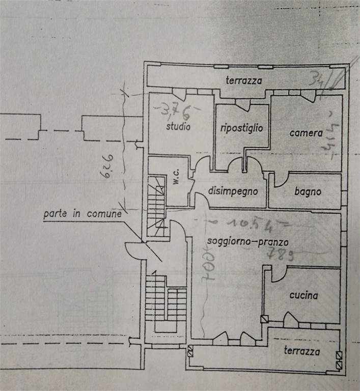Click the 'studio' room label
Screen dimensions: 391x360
coord(178,126)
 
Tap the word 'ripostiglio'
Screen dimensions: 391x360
coord(242,128)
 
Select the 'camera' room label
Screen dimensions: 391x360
coord(306,133)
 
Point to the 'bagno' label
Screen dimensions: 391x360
coord(308,192)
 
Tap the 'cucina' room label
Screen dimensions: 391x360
coord(303,295)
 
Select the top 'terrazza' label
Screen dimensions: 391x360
coord(244,80)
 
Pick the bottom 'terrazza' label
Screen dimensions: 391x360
coord(302,351)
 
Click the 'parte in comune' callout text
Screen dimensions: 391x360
coord(82,213)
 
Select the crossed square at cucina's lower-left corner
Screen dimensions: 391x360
coord(264,320)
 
